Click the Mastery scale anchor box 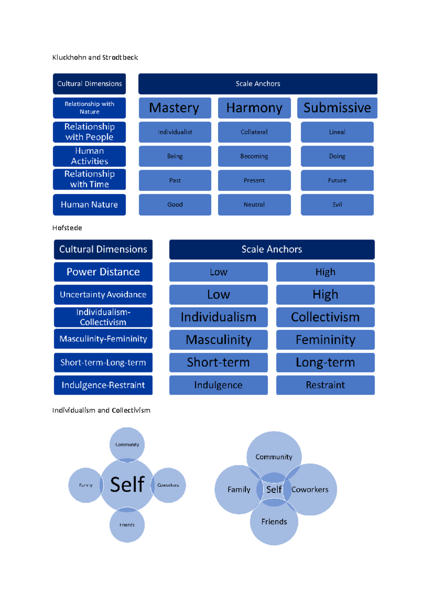[175, 108]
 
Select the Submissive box [337, 108]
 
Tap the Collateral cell [254, 132]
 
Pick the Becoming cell [254, 156]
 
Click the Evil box [337, 205]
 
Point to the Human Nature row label [89, 205]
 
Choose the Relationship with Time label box [89, 179]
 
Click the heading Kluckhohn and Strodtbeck [95, 57]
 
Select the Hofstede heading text [67, 228]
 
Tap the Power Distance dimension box [103, 272]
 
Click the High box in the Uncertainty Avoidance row [325, 295]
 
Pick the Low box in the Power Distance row [218, 272]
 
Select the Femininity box [325, 340]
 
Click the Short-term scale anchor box [218, 362]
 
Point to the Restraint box [325, 385]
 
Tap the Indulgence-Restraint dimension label [103, 385]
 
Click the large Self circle [127, 484]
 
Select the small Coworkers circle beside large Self [169, 485]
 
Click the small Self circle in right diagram [274, 490]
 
